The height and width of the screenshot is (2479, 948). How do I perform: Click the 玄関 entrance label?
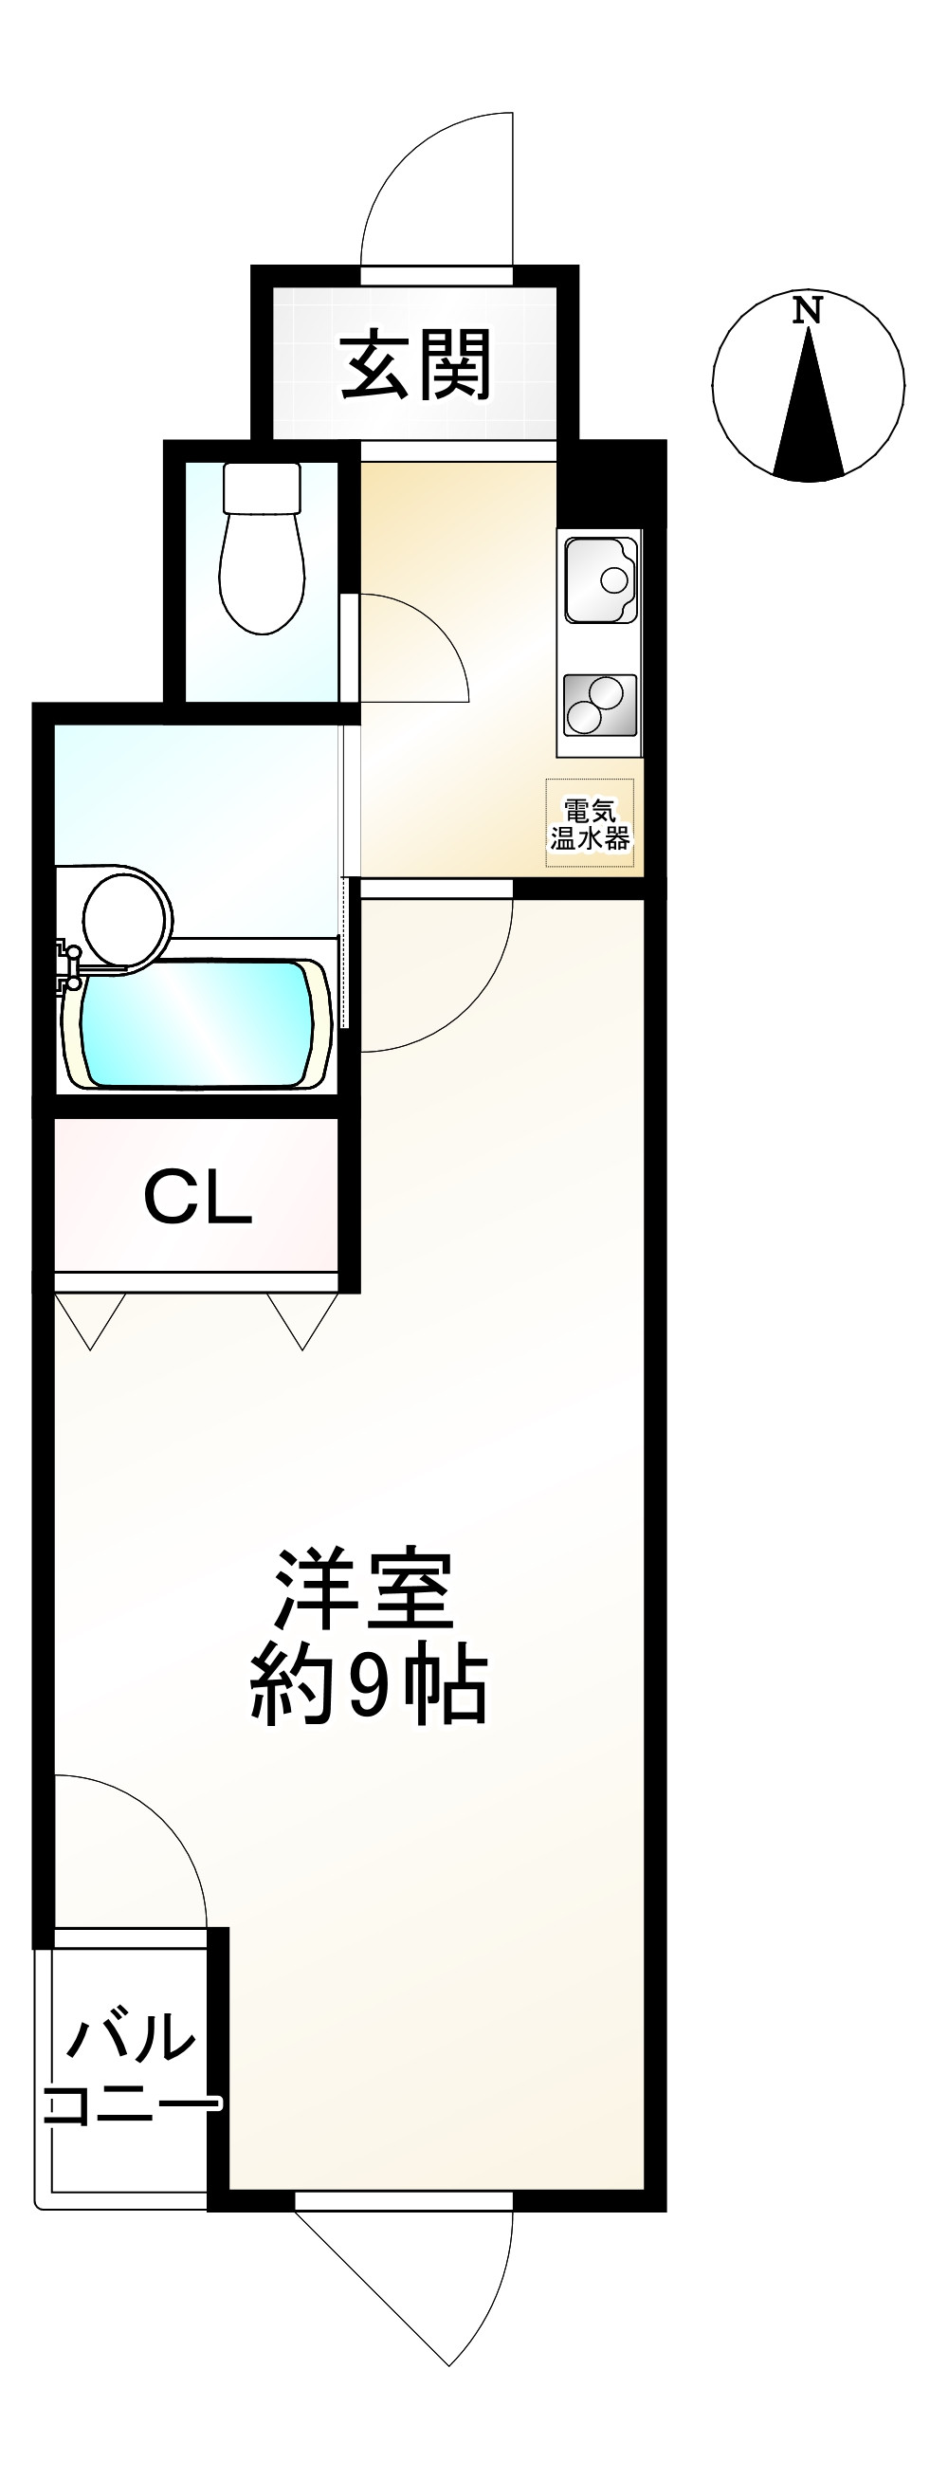(x=416, y=365)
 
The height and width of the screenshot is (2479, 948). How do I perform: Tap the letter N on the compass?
(x=807, y=311)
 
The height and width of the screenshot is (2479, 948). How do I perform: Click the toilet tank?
(x=262, y=487)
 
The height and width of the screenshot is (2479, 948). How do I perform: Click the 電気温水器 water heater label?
(x=589, y=823)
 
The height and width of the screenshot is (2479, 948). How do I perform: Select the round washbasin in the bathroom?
(x=126, y=917)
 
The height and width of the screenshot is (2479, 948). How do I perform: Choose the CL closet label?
(x=197, y=1197)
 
